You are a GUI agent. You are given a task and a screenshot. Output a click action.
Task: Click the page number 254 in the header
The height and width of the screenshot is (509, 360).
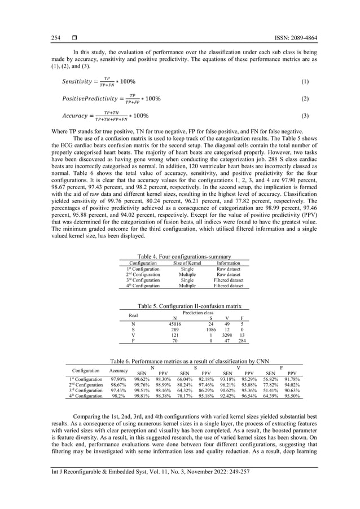coord(56,38)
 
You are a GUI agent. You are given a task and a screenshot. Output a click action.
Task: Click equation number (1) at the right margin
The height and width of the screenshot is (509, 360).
coord(305,81)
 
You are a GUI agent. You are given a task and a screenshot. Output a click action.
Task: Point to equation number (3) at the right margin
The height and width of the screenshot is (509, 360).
coord(305,116)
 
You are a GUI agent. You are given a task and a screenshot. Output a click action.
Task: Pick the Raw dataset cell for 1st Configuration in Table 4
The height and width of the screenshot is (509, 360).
coord(229,269)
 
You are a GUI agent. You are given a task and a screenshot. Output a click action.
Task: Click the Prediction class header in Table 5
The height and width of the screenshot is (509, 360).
coord(197,312)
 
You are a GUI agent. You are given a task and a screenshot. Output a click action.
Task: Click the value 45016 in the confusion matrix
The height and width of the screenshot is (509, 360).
coord(175,324)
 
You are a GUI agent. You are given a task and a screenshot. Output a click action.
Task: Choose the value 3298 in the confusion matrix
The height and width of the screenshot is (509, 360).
coord(226,336)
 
